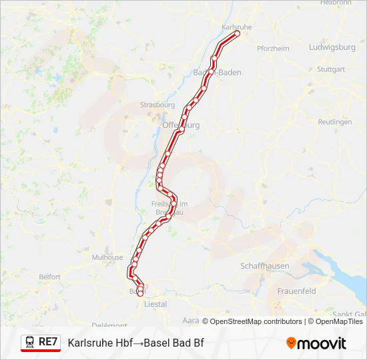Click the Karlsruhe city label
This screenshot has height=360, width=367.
[236, 27]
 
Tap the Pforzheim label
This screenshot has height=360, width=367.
[272, 49]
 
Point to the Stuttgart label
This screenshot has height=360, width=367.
[331, 69]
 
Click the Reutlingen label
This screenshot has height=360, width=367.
[334, 122]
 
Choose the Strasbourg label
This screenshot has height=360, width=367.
[157, 105]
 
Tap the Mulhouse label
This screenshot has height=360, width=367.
[107, 257]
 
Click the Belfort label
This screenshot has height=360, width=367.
[49, 277]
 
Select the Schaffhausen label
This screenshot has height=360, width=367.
[265, 266]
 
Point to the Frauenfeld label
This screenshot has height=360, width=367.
[296, 291]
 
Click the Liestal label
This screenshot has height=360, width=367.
[155, 304]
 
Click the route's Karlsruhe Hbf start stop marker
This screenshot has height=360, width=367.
[237, 33]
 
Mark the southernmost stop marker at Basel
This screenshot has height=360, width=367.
[140, 293]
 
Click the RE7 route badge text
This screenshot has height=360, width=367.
[48, 342]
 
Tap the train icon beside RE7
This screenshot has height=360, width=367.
[30, 342]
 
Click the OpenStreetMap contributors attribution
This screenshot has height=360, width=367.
[256, 321]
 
